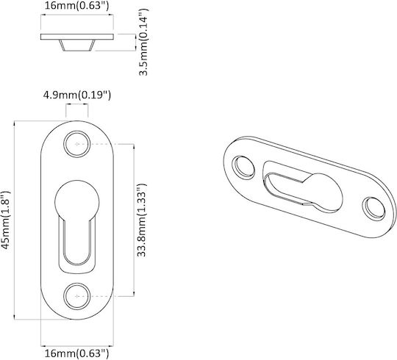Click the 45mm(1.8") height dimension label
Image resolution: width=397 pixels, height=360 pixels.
click(6, 220)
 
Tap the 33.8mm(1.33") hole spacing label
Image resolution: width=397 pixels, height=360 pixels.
click(142, 220)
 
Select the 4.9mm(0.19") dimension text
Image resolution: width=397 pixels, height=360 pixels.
click(77, 96)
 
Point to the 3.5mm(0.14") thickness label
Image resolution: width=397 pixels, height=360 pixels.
click(143, 42)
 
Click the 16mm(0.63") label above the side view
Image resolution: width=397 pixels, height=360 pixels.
click(77, 6)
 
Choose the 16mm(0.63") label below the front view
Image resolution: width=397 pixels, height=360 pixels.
click(77, 353)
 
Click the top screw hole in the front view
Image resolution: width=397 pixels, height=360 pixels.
click(77, 144)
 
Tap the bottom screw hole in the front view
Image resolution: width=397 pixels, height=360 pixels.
click(77, 296)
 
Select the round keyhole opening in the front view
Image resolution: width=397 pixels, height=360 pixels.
click(77, 201)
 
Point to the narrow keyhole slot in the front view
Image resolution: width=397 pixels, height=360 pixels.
click(77, 240)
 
